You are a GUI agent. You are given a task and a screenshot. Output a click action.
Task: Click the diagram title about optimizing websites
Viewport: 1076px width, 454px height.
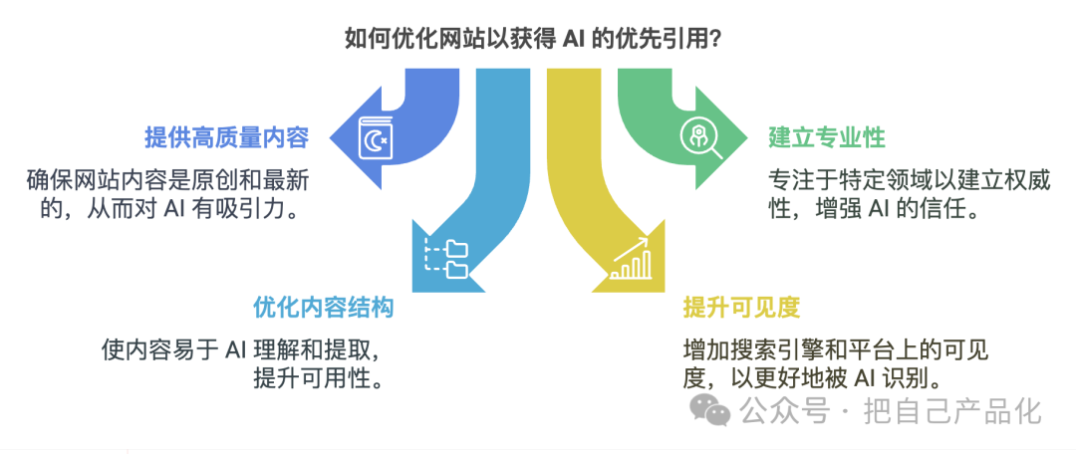tap(531, 39)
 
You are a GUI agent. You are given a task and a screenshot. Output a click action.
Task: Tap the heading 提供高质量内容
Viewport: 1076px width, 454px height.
tap(226, 137)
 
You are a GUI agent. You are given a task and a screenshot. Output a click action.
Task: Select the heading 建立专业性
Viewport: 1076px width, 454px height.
tap(826, 137)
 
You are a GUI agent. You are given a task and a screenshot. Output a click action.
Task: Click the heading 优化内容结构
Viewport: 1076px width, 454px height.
tap(324, 308)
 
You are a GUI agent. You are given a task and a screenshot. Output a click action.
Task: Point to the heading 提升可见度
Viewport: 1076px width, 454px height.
tap(742, 308)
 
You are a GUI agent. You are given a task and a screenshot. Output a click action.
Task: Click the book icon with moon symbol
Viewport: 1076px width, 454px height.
tap(376, 137)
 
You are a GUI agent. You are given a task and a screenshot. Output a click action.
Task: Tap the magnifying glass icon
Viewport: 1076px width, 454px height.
tap(699, 137)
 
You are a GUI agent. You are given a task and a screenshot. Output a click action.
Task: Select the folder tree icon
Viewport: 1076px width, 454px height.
tap(444, 258)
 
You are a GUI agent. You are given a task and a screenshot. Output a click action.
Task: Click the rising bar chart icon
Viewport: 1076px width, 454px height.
tap(630, 258)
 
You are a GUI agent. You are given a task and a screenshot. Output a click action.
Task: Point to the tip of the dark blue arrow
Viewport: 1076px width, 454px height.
tap(330, 137)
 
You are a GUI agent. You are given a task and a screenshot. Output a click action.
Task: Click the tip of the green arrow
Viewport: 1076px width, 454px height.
tap(747, 137)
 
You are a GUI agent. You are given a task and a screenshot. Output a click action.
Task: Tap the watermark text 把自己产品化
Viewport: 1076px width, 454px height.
tap(952, 411)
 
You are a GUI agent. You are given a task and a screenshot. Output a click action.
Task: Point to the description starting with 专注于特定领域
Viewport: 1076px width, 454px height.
tap(909, 195)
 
